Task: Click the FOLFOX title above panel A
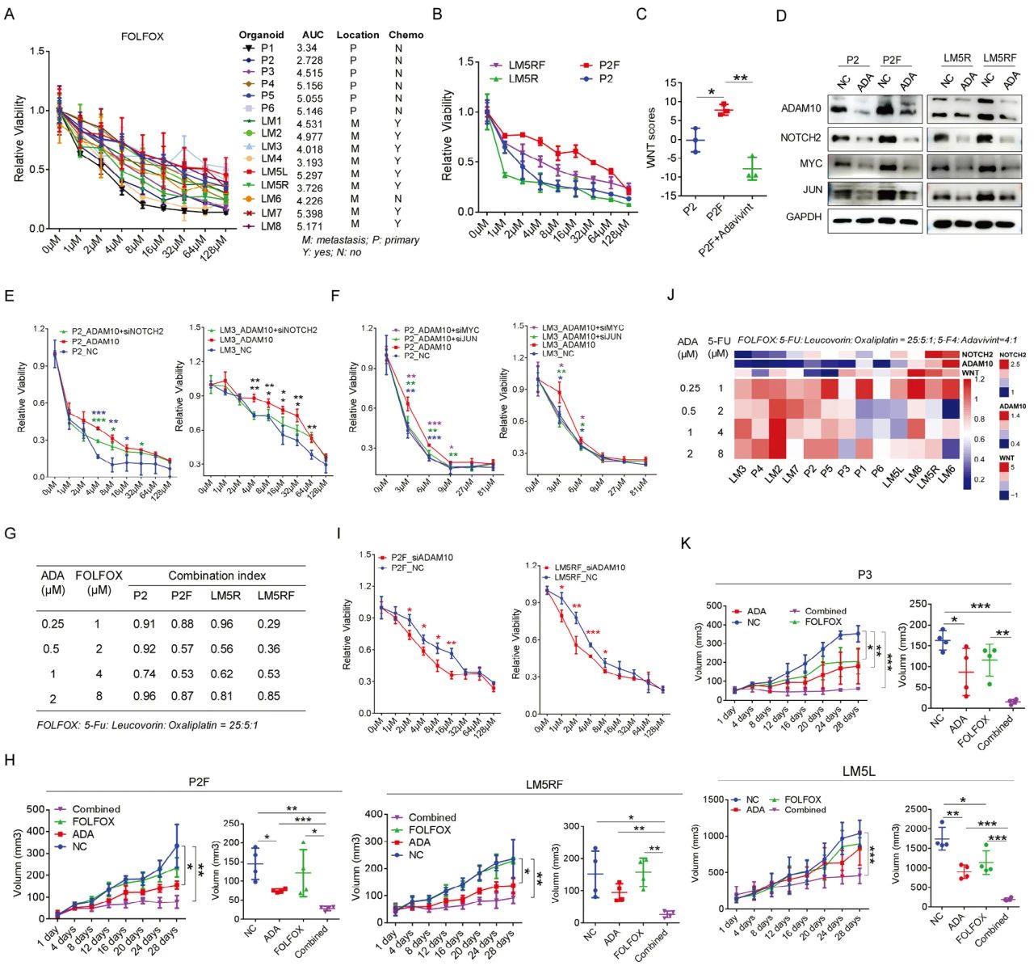click(142, 36)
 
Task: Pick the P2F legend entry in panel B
click(609, 65)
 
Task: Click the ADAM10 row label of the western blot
click(802, 108)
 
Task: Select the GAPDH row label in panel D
click(805, 217)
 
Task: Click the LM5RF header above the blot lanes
click(999, 58)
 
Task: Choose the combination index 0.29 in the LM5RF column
click(268, 623)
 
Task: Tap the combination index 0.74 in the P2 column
click(145, 673)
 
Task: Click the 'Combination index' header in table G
click(216, 576)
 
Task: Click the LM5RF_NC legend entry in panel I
click(574, 577)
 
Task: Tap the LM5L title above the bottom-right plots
click(858, 771)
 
